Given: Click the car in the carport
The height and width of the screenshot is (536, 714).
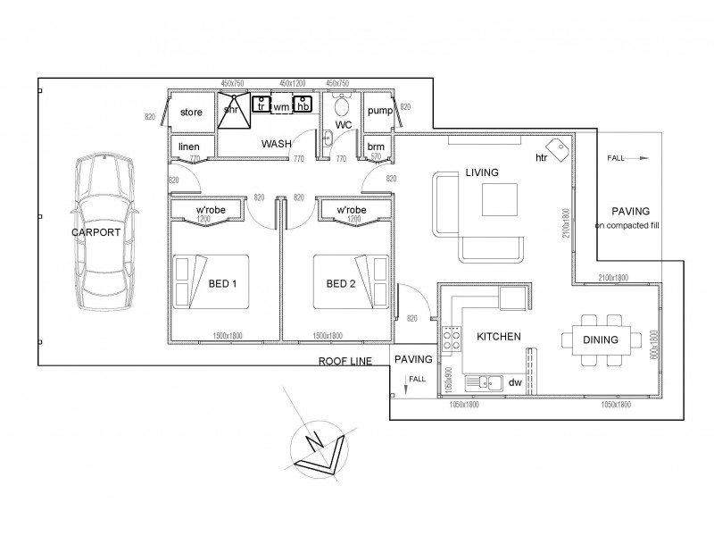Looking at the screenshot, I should click(104, 232).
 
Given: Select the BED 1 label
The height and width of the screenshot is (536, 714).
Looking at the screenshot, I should click(223, 284).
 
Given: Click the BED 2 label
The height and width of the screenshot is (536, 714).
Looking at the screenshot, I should click(341, 284).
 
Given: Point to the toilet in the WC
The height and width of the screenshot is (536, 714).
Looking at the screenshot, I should click(340, 104).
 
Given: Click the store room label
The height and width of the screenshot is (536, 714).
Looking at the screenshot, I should click(191, 113).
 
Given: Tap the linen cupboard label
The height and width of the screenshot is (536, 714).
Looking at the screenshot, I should click(189, 147).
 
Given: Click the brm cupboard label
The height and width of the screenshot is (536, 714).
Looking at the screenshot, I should click(377, 147).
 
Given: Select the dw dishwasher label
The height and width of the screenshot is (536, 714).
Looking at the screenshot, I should click(514, 382).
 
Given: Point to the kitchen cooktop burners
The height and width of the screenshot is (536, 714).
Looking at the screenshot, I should click(450, 339).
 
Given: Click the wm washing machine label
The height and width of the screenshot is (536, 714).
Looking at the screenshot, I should click(281, 106).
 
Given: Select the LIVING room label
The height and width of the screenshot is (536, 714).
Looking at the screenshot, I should click(481, 172).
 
